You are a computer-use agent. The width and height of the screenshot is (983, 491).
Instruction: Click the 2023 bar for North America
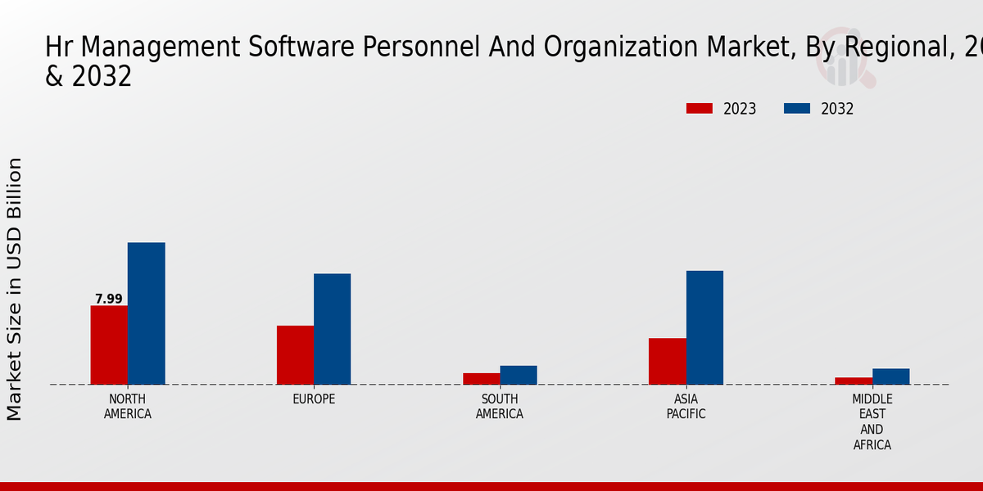pyautogui.click(x=109, y=345)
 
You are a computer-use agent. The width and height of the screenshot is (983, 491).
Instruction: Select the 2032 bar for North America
pyautogui.click(x=146, y=313)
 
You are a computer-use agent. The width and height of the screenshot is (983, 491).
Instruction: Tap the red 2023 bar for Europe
pyautogui.click(x=295, y=355)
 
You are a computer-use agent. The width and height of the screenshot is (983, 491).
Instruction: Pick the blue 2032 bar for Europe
pyautogui.click(x=332, y=329)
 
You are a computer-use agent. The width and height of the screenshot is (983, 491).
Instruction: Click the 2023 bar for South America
pyautogui.click(x=481, y=379)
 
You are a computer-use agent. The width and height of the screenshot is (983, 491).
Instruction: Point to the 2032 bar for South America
pyautogui.click(x=519, y=375)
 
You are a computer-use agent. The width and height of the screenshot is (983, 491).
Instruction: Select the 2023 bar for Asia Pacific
pyautogui.click(x=667, y=361)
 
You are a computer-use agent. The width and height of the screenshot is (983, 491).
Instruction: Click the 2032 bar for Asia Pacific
pyautogui.click(x=704, y=327)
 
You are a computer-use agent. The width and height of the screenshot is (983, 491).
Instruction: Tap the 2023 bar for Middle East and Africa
pyautogui.click(x=854, y=381)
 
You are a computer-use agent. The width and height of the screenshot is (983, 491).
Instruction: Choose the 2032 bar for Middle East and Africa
pyautogui.click(x=890, y=376)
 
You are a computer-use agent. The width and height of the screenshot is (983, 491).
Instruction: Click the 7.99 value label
pyautogui.click(x=108, y=299)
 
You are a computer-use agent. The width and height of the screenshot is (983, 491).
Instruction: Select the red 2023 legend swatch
pyautogui.click(x=700, y=109)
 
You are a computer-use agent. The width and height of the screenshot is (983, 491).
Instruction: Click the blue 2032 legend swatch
pyautogui.click(x=797, y=109)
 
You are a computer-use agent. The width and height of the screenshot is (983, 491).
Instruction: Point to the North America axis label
pyautogui.click(x=128, y=407)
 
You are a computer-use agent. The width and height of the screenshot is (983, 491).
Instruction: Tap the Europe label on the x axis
pyautogui.click(x=314, y=399)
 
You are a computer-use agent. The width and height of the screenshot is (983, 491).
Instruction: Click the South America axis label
pyautogui.click(x=500, y=407)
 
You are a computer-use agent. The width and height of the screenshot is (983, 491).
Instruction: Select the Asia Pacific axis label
pyautogui.click(x=686, y=407)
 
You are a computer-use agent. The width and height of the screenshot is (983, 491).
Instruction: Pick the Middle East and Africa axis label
pyautogui.click(x=872, y=422)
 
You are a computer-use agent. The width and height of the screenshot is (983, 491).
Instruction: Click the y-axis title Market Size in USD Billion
pyautogui.click(x=15, y=289)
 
